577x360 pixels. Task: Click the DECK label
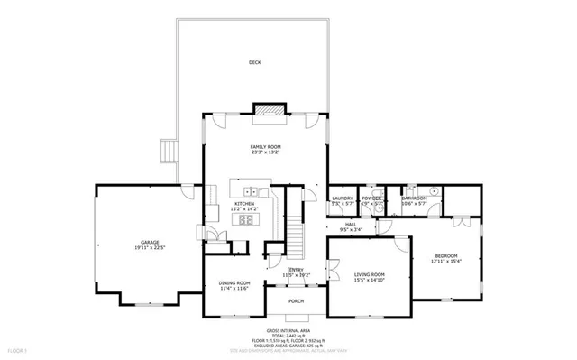255,62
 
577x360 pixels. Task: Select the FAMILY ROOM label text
266,146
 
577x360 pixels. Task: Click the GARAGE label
148,241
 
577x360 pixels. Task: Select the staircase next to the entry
296,239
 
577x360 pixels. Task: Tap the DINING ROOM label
234,282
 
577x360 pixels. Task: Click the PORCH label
296,301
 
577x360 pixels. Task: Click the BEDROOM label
446,256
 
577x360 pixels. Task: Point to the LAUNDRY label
342,198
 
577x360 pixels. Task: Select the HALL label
351,225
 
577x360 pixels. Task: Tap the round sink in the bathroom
433,191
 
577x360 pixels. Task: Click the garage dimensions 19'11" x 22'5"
148,247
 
